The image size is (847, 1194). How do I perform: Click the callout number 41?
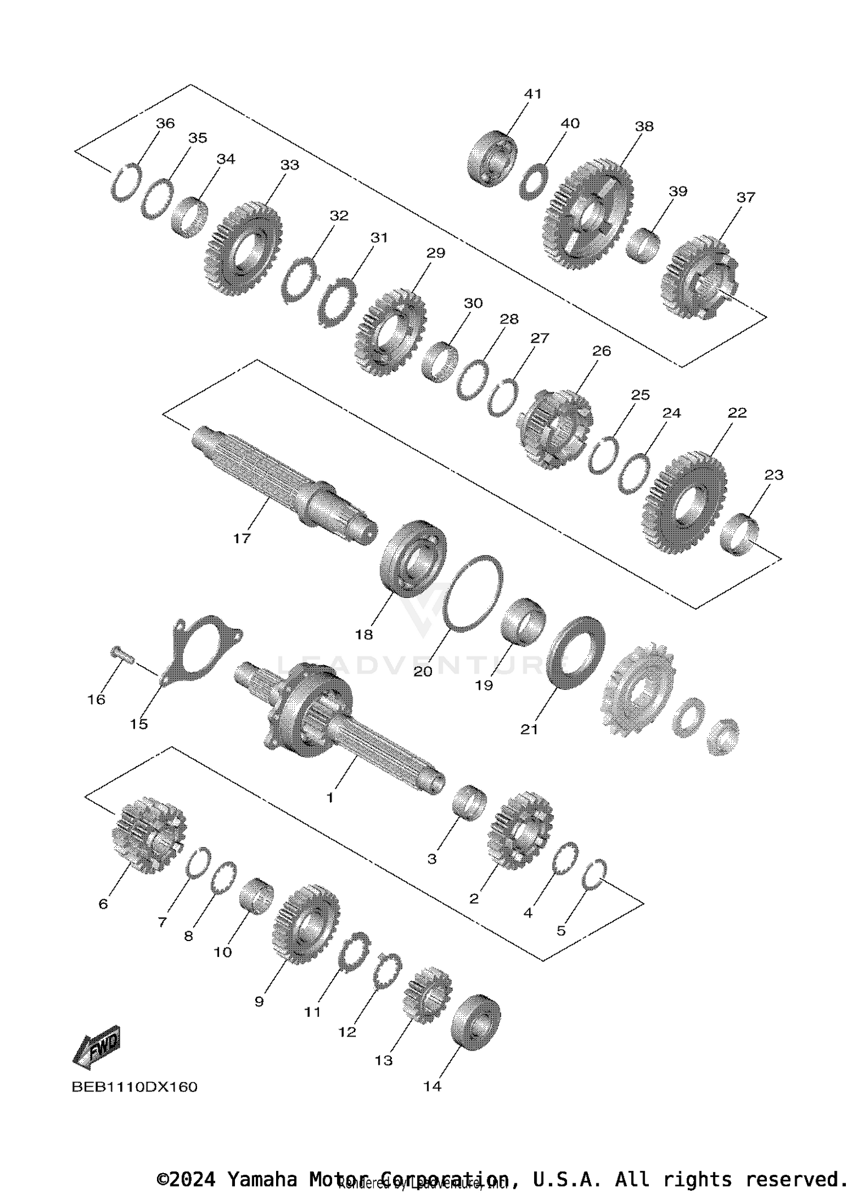tap(532, 94)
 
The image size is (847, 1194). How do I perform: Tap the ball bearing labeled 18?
tap(414, 558)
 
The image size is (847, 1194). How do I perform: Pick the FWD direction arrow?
tap(97, 1047)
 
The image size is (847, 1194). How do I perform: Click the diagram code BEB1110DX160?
tap(134, 1087)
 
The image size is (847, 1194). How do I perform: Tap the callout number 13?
tap(383, 1060)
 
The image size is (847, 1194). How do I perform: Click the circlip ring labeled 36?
tap(125, 182)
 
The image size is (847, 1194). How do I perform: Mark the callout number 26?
tap(601, 351)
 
